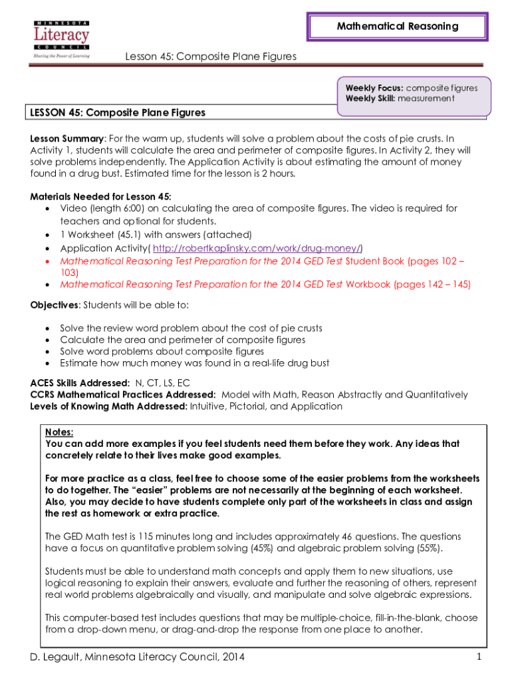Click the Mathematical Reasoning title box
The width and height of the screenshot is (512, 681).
point(397,27)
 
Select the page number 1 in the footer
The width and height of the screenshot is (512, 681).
point(478,657)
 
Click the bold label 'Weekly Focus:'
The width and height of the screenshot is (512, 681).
point(374,88)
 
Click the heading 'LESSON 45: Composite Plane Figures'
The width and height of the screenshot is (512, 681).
point(118,112)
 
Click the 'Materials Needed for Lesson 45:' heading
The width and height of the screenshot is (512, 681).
point(100,196)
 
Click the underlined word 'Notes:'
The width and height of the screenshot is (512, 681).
point(59,432)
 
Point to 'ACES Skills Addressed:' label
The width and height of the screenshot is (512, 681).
point(80,383)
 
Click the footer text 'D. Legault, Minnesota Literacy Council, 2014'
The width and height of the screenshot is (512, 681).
point(138,657)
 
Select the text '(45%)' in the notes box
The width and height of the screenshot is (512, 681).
point(260,548)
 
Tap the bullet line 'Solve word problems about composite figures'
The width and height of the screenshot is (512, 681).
point(162,351)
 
